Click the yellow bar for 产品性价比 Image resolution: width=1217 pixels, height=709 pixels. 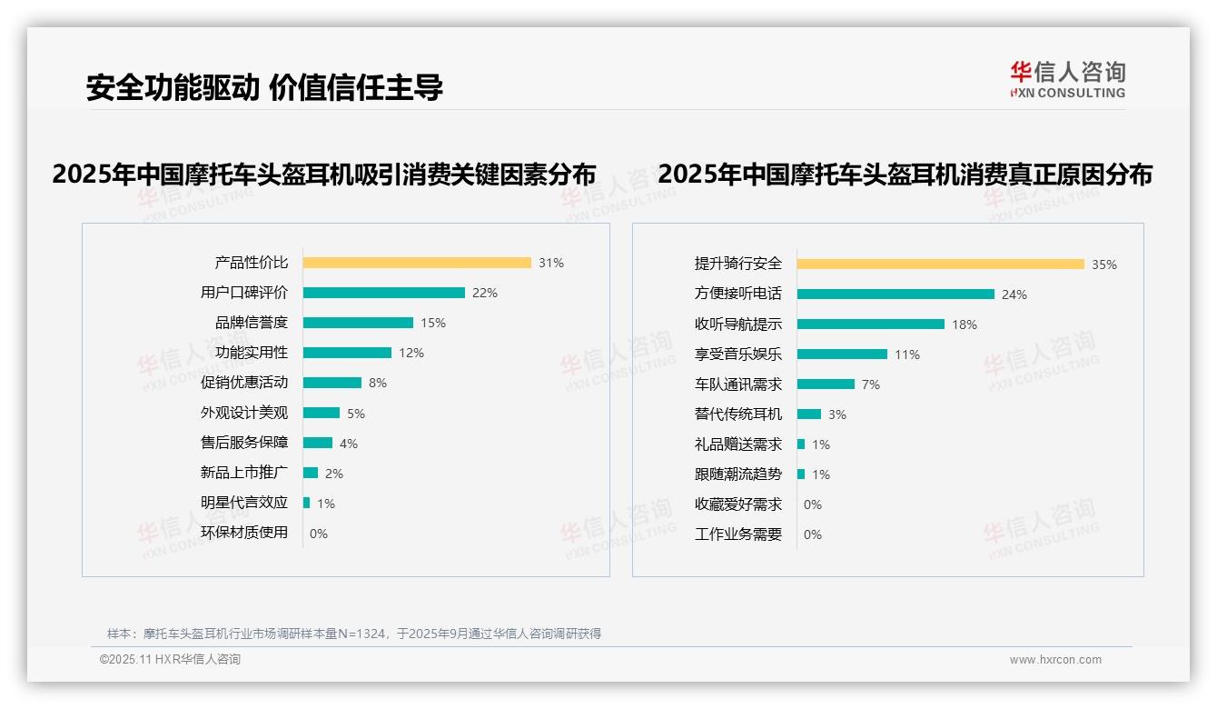(417, 263)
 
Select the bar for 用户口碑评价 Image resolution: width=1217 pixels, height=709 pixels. (383, 293)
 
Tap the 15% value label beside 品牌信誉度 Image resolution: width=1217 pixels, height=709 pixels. (433, 323)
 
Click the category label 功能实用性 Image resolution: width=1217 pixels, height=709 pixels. (252, 353)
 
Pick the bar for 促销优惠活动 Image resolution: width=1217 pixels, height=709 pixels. (331, 383)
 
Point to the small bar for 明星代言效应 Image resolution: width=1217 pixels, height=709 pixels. (307, 503)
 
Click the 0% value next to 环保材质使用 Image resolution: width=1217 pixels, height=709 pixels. (319, 534)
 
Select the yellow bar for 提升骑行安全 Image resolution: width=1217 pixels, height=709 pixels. (940, 265)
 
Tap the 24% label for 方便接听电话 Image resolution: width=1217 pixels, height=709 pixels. (1014, 295)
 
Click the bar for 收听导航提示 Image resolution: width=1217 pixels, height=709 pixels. (870, 325)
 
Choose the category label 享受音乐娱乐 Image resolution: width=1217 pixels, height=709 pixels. (737, 354)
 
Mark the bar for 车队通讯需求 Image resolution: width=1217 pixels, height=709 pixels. (826, 384)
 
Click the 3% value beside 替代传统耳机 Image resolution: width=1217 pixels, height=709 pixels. (837, 414)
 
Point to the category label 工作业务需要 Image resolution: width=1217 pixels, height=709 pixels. (737, 534)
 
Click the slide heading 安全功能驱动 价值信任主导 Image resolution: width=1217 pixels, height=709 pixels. (264, 87)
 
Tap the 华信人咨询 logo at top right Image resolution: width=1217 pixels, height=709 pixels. (1067, 79)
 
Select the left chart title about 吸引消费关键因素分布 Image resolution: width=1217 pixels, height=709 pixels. (324, 174)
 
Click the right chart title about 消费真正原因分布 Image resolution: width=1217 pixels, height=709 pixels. (905, 174)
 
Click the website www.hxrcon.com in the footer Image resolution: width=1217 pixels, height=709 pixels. (1055, 660)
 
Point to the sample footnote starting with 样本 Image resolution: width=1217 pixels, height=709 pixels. (354, 634)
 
